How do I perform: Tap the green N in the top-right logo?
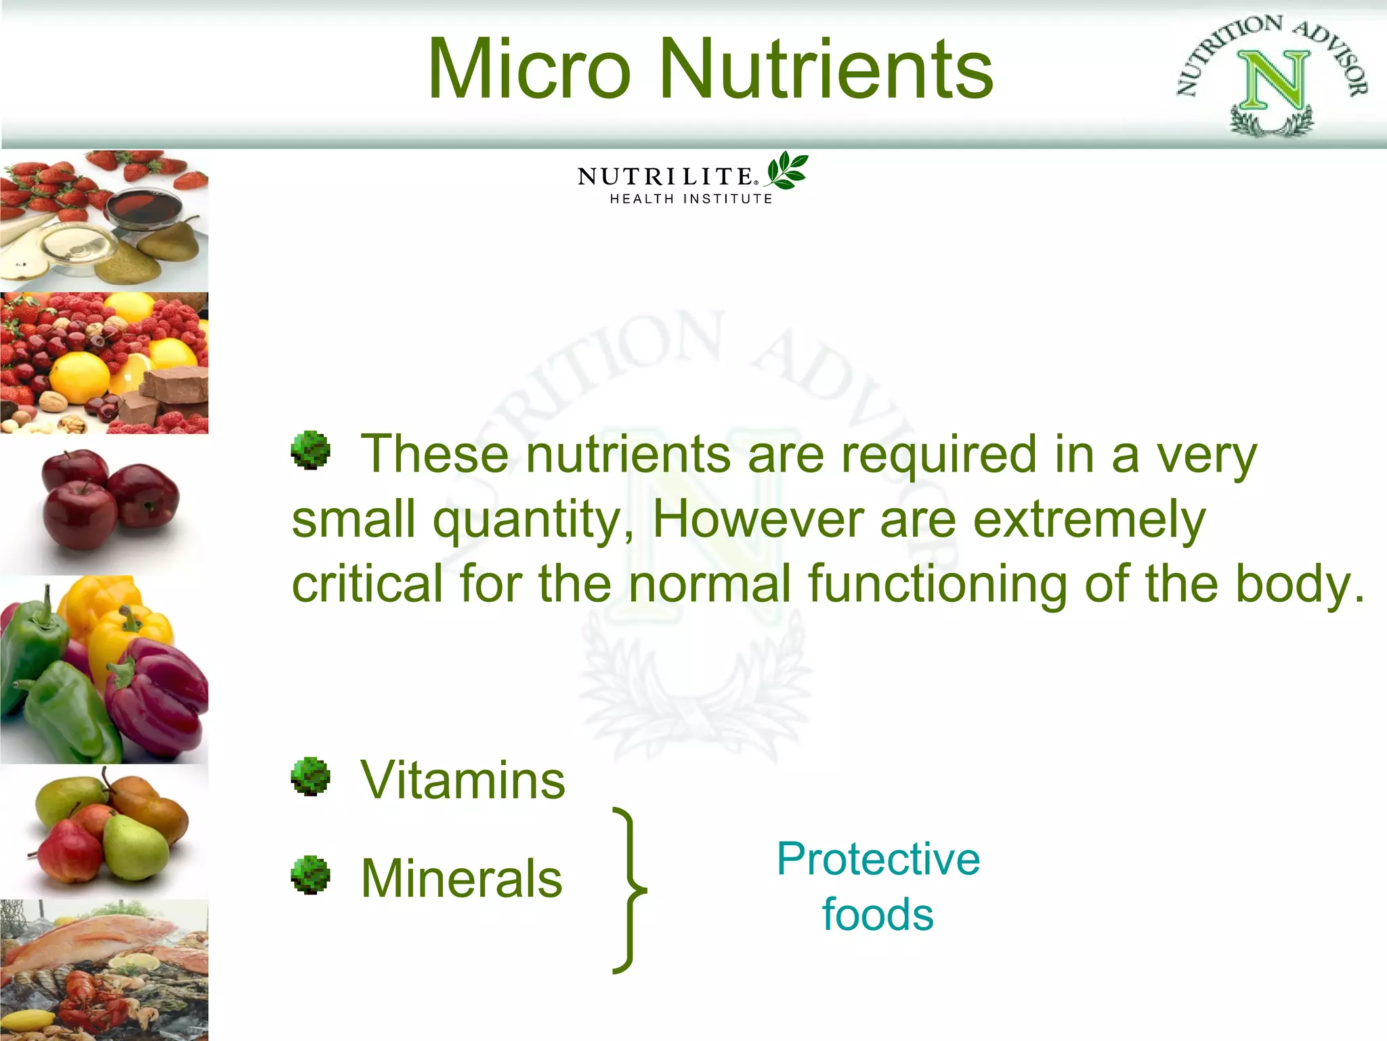point(1273,81)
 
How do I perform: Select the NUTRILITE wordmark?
point(666,177)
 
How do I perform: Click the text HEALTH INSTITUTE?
point(691,199)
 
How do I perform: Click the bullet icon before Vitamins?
point(310,776)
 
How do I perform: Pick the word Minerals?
point(462,878)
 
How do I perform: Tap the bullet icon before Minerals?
point(310,875)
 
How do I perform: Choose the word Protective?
point(878,859)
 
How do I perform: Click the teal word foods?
point(878,915)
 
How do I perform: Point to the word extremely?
point(1089,520)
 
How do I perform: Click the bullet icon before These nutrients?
point(310,450)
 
